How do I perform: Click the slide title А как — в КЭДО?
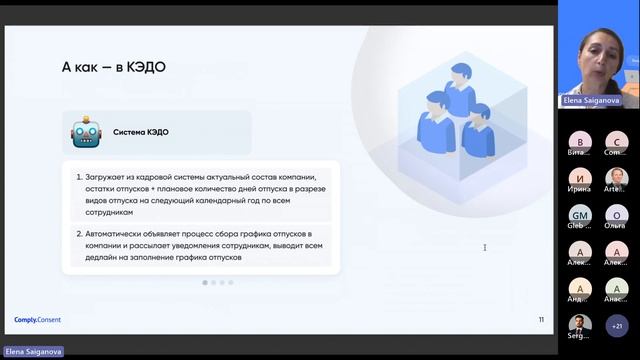click(113, 67)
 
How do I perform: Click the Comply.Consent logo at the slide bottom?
click(38, 320)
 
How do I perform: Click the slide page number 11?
click(541, 320)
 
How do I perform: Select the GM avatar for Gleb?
click(580, 215)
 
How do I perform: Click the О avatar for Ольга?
click(617, 215)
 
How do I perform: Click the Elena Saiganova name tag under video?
click(589, 101)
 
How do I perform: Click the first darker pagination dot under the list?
click(205, 283)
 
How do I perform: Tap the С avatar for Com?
click(617, 141)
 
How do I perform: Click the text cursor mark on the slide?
click(485, 247)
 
